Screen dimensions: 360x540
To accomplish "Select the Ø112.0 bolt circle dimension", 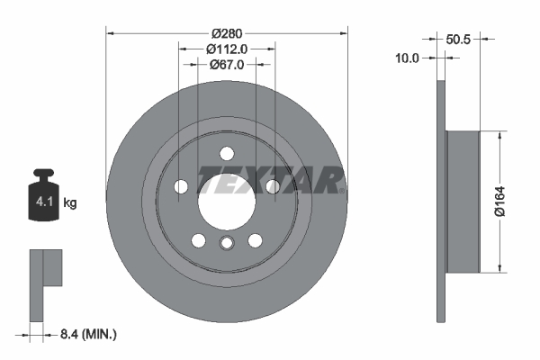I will [226, 49].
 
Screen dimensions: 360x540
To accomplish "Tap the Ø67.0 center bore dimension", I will [226, 65].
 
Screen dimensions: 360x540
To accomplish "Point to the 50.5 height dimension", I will [459, 39].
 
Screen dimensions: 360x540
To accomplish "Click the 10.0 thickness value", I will [409, 58].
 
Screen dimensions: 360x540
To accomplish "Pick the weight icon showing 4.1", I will [45, 199].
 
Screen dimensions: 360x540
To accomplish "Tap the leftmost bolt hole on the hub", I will [180, 186].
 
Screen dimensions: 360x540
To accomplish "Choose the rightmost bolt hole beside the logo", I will [271, 186].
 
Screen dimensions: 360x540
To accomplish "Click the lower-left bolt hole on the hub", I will [198, 240].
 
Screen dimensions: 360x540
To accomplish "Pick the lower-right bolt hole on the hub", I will [255, 240].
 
